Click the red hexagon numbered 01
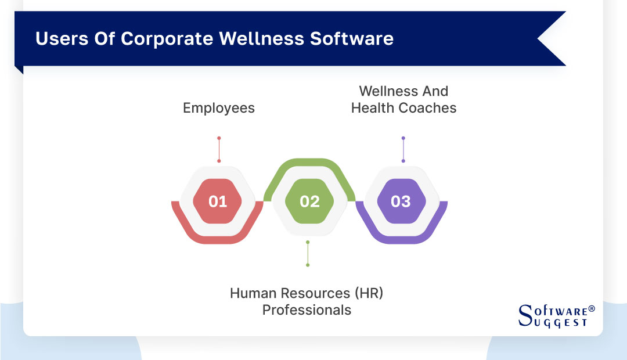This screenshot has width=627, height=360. tap(218, 201)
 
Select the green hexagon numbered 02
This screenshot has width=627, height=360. tap(309, 201)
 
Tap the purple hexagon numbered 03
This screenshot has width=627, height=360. tap(401, 201)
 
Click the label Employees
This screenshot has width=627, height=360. tap(218, 108)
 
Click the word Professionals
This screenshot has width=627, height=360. tap(307, 310)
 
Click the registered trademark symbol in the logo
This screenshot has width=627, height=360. tap(592, 309)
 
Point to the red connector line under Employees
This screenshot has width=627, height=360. tap(219, 150)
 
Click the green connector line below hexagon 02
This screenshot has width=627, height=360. tap(308, 254)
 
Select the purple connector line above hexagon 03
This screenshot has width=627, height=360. tap(403, 150)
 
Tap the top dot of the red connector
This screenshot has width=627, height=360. tap(219, 138)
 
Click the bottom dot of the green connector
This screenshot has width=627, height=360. tap(308, 265)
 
